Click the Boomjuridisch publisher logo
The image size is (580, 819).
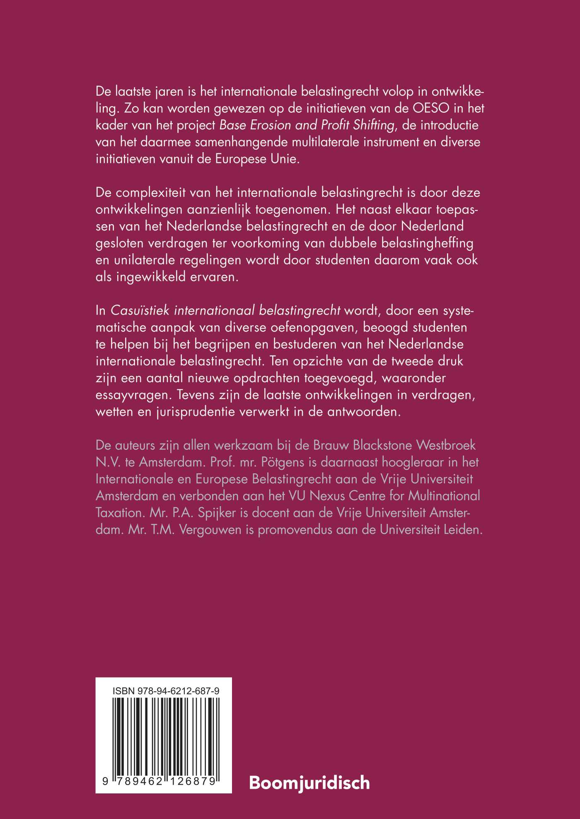coord(309,783)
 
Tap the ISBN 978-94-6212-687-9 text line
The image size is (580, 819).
coord(165,691)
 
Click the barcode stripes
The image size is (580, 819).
coord(165,734)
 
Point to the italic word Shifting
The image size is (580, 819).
coord(372,125)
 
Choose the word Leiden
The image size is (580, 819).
coord(462,530)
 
